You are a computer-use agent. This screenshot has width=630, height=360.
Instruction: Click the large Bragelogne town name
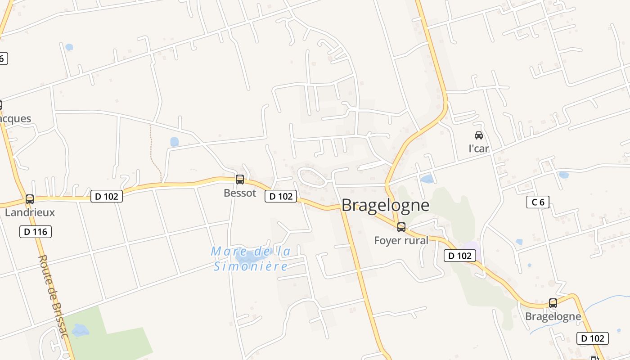(x=385, y=205)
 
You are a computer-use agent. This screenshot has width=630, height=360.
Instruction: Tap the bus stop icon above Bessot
(x=240, y=180)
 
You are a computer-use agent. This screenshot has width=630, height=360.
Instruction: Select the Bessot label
(x=240, y=193)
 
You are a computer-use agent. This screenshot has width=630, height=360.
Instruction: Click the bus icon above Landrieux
(x=30, y=199)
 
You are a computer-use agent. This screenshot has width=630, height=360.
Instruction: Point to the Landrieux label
(x=30, y=212)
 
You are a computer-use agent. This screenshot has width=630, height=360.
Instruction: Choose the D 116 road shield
(x=36, y=232)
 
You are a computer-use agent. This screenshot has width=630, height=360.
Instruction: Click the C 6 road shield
(x=538, y=202)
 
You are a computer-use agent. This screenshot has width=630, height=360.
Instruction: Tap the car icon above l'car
(x=479, y=135)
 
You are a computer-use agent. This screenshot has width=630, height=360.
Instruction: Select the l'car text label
(x=479, y=148)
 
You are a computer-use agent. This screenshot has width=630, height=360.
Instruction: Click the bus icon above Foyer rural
(x=401, y=227)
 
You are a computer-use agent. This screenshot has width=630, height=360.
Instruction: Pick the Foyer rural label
(x=401, y=240)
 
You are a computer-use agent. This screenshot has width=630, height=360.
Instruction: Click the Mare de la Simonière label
(x=251, y=259)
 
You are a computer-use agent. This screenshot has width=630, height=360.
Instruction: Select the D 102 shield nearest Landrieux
(x=107, y=196)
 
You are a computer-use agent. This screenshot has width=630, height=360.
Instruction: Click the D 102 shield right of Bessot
(x=281, y=196)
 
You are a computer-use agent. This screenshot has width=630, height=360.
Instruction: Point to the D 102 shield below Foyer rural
(x=460, y=256)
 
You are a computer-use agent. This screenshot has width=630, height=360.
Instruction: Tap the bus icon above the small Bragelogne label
(x=553, y=303)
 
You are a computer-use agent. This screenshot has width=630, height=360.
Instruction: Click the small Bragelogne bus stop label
(x=553, y=316)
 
